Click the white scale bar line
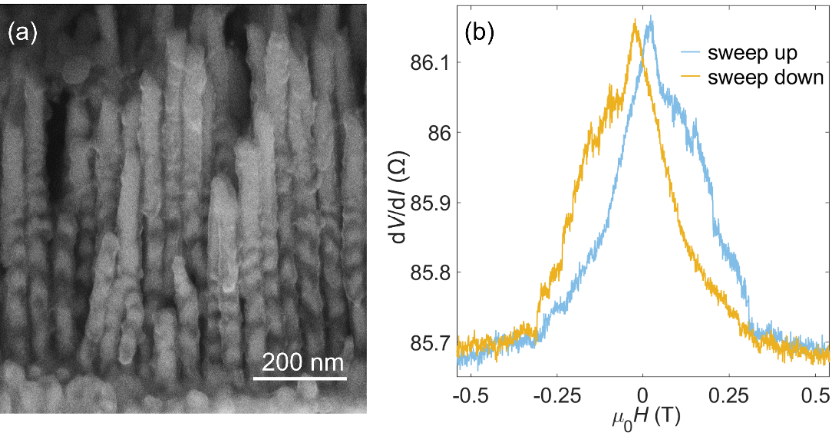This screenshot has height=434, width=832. click(x=299, y=378)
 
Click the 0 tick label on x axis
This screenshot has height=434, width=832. click(x=644, y=394)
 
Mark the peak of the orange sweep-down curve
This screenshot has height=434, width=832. click(x=635, y=22)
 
